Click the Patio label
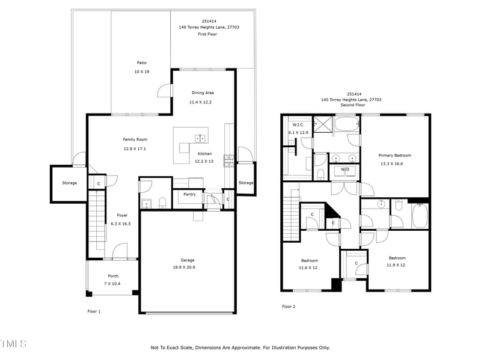click(x=141, y=63)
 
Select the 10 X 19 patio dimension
click(x=141, y=72)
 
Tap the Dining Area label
click(x=203, y=93)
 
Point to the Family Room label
click(x=135, y=139)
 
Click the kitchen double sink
click(x=200, y=139)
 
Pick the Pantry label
click(x=189, y=194)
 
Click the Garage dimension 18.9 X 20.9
click(x=184, y=267)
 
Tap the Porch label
click(x=113, y=276)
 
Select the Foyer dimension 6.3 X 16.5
click(x=121, y=224)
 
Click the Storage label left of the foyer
click(x=69, y=183)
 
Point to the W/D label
click(x=345, y=169)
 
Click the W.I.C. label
click(x=298, y=125)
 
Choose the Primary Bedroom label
click(x=394, y=156)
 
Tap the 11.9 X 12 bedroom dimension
click(x=396, y=265)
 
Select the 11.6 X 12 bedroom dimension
click(x=308, y=267)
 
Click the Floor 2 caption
click(x=289, y=307)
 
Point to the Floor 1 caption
click(x=94, y=311)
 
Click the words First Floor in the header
click(x=207, y=34)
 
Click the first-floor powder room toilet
click(x=162, y=202)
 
